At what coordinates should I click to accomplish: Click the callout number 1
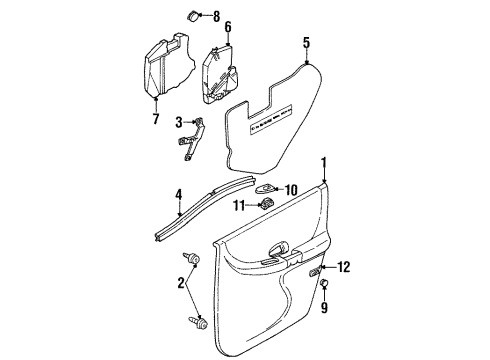(323, 162)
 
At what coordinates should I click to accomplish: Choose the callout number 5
(307, 42)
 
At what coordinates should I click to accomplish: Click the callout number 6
(227, 26)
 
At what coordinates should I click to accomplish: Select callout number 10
(292, 190)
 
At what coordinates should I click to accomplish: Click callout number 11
(240, 206)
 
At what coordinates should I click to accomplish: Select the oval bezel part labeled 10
(265, 189)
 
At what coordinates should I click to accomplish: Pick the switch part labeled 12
(317, 270)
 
